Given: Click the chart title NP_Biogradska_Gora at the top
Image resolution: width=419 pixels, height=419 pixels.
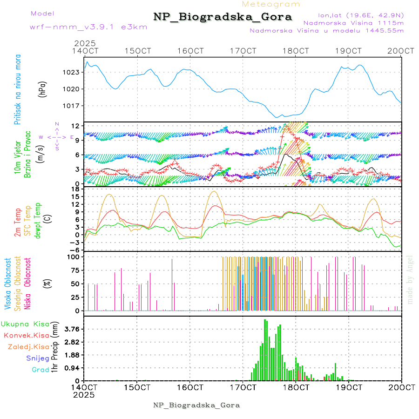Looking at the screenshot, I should pyautogui.click(x=223, y=17).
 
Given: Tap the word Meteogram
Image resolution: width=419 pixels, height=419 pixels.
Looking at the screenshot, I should pyautogui.click(x=271, y=4).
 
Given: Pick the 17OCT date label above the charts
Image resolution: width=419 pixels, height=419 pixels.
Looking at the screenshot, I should pyautogui.click(x=244, y=51).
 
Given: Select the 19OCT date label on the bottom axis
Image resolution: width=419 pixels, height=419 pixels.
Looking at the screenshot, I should pyautogui.click(x=349, y=387).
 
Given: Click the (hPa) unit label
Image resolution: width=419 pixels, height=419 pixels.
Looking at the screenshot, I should pyautogui.click(x=42, y=89).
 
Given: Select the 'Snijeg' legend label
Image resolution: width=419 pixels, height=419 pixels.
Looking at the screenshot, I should pyautogui.click(x=38, y=358).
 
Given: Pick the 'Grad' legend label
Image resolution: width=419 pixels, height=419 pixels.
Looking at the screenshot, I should pyautogui.click(x=41, y=370).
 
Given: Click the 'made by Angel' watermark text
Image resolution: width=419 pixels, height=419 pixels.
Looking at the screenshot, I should pyautogui.click(x=410, y=279).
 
